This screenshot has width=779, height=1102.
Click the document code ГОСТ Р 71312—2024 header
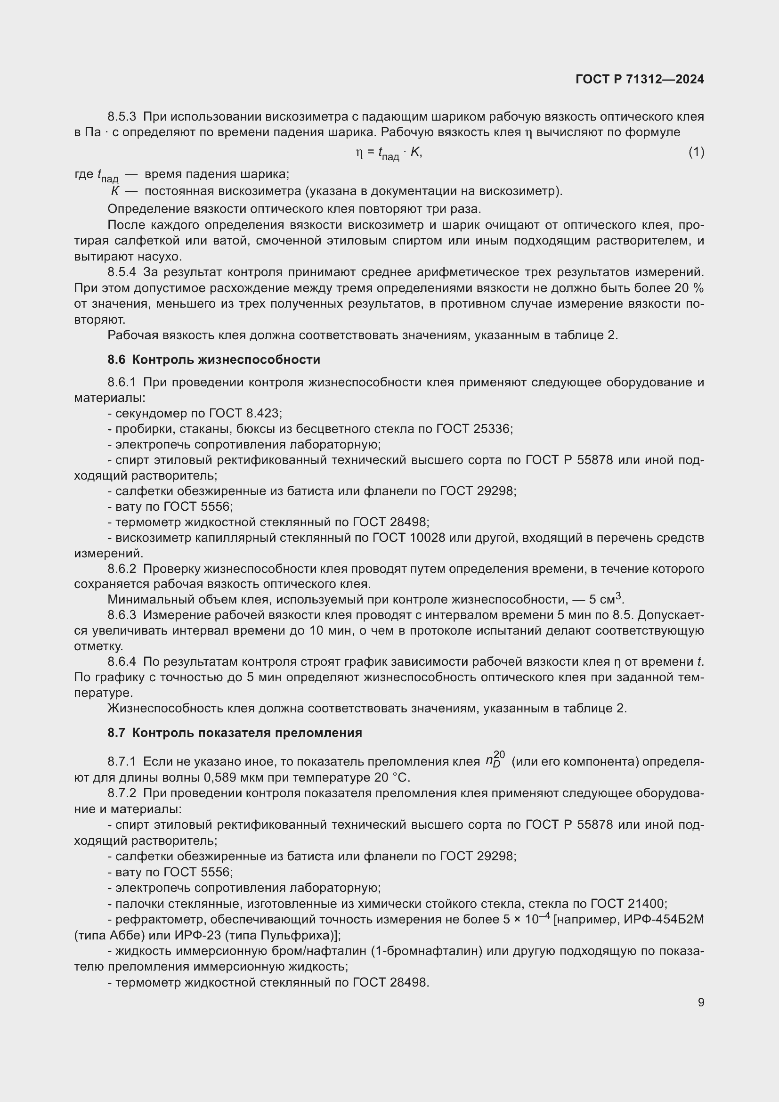point(640,79)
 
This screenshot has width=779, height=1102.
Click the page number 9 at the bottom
point(701,1002)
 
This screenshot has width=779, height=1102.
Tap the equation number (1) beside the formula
point(696,152)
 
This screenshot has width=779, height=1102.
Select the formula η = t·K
point(389,153)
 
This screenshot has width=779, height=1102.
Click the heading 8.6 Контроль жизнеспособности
point(213,359)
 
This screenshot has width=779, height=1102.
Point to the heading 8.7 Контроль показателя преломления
point(235,733)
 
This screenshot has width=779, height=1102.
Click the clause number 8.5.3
point(122,117)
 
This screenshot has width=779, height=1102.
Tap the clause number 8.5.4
point(122,272)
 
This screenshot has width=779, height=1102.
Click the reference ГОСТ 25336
point(474,429)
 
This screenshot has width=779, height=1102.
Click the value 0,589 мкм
point(229,777)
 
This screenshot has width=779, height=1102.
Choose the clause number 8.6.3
point(122,615)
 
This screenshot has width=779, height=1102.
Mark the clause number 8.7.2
point(122,793)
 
